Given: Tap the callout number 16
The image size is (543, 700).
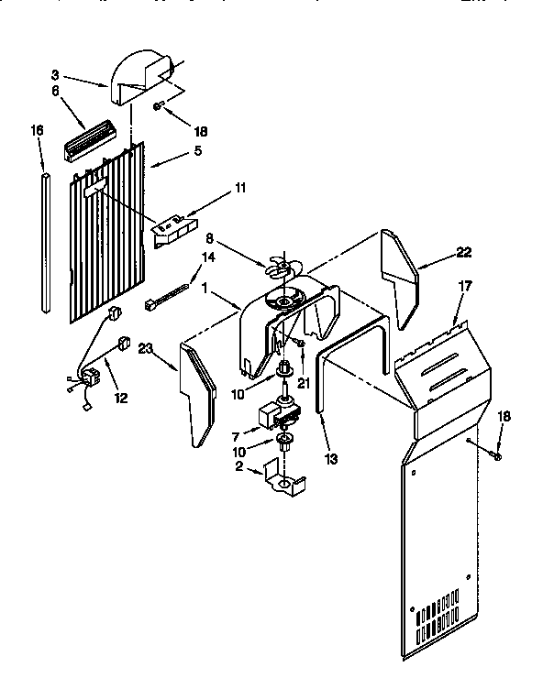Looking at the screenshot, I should [x=37, y=131].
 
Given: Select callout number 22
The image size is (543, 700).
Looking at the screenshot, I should [x=465, y=254].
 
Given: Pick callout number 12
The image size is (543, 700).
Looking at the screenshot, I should [x=120, y=398].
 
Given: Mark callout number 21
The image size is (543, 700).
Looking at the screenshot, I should [x=304, y=357].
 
